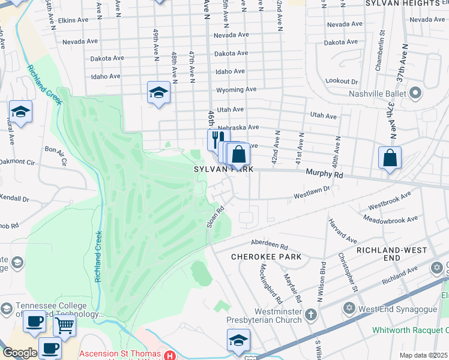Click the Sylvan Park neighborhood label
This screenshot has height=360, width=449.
coord(223,170)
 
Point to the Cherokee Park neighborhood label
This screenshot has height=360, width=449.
coord(266,257)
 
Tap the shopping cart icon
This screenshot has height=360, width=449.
coord(64,325)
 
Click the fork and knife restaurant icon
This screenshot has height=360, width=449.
coord(217,139)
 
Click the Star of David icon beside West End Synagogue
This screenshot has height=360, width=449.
coord(348,308)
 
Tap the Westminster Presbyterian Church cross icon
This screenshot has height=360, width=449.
coord(311,314)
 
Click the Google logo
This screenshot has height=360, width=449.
coord(19,353)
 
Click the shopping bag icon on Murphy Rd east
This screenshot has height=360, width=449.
coord(390,158)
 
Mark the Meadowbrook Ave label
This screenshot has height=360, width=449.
coord(393,220)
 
